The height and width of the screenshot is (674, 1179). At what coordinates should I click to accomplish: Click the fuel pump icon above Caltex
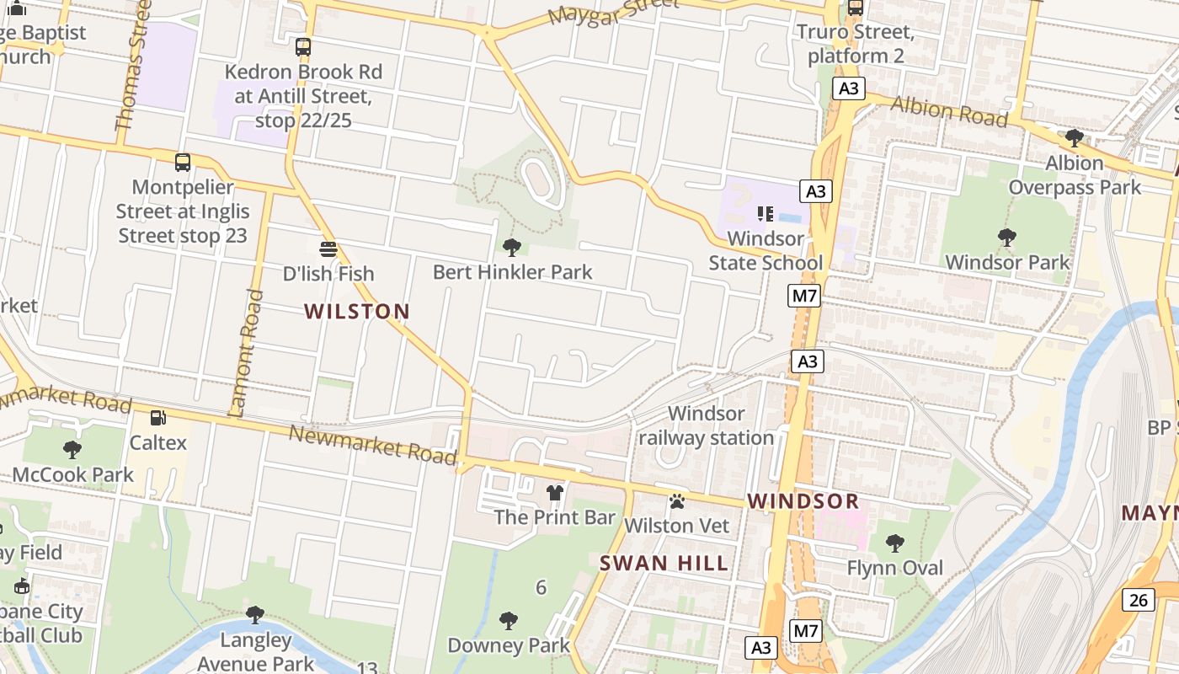click(x=157, y=418)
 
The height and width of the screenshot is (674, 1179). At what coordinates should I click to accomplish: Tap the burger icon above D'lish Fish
click(x=328, y=249)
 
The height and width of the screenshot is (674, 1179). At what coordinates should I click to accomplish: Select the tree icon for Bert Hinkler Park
click(x=511, y=247)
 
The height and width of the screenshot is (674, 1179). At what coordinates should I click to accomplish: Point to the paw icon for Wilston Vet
click(x=677, y=501)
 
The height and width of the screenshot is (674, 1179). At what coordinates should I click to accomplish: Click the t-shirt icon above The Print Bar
click(x=554, y=492)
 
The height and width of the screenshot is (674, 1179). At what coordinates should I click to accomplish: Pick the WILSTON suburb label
click(x=357, y=312)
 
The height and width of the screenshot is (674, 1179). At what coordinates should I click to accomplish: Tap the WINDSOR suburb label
click(x=803, y=501)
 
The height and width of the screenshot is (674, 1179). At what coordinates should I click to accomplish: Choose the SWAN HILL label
click(x=664, y=564)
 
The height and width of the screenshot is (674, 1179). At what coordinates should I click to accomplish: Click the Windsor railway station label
click(x=706, y=425)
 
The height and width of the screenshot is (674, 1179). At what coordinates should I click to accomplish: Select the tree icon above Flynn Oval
click(x=895, y=543)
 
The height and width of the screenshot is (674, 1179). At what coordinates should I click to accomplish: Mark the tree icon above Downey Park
click(x=509, y=621)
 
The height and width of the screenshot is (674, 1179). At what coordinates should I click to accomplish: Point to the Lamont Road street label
click(x=245, y=354)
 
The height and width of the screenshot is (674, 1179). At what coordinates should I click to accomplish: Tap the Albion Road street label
click(x=949, y=110)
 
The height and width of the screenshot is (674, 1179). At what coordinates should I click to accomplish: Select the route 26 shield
click(x=1138, y=600)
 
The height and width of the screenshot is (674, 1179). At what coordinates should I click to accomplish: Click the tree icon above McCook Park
click(x=72, y=450)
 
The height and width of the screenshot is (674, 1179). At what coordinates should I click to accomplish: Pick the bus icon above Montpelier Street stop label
click(x=183, y=163)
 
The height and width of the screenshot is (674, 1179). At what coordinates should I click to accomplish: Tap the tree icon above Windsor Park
click(x=1006, y=238)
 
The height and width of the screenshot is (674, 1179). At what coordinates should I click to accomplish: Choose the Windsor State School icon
click(x=765, y=214)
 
